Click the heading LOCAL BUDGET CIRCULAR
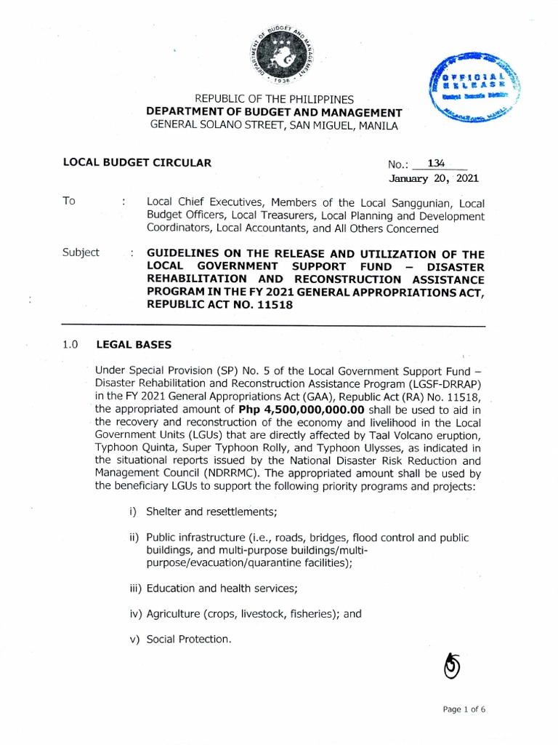[x=137, y=163]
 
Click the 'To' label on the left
[x=69, y=202]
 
